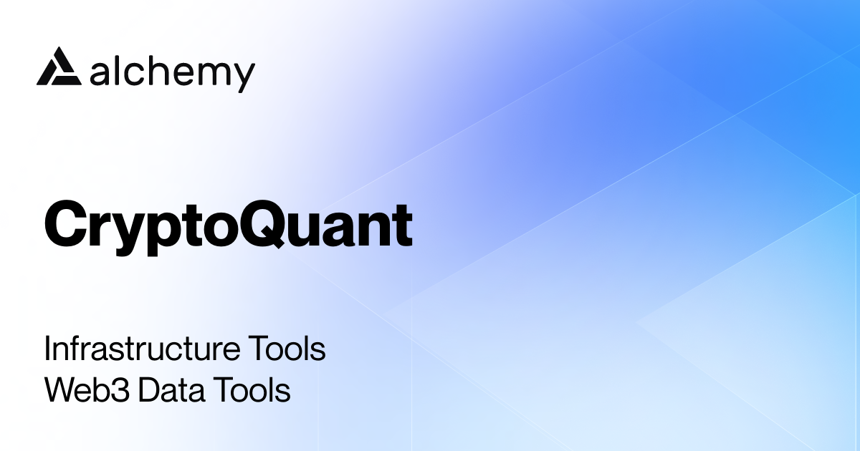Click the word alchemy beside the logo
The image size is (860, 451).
point(173,73)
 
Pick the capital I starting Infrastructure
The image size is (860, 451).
point(48,350)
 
